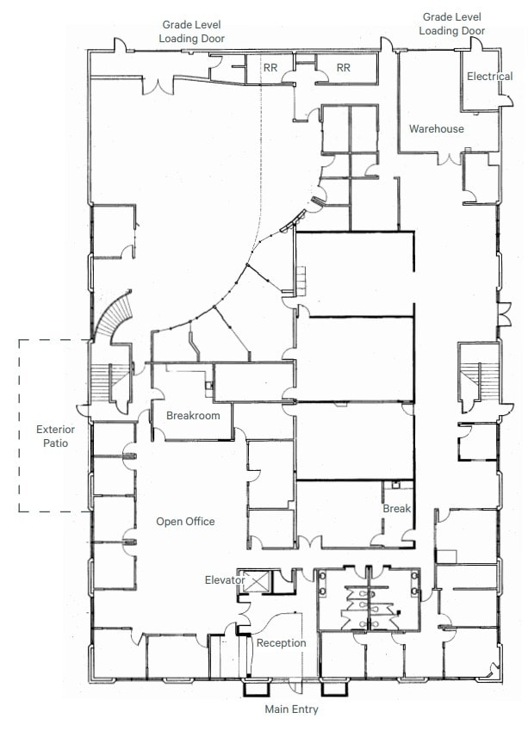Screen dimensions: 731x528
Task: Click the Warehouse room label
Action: pyautogui.click(x=436, y=129)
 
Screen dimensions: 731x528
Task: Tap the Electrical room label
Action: pyautogui.click(x=489, y=77)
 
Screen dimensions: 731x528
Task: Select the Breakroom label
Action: pyautogui.click(x=193, y=416)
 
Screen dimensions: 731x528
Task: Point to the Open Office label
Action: pyautogui.click(x=185, y=522)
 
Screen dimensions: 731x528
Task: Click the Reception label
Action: pyautogui.click(x=282, y=643)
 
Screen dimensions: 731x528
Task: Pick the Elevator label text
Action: pyautogui.click(x=225, y=580)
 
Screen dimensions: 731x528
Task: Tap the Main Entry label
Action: pyautogui.click(x=291, y=709)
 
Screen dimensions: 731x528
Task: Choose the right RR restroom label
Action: pyautogui.click(x=344, y=67)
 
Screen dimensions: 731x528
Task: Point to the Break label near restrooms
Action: pyautogui.click(x=396, y=509)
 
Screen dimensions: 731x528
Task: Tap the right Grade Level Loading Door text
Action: pyautogui.click(x=451, y=24)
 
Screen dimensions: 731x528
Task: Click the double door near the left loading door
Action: pyautogui.click(x=160, y=84)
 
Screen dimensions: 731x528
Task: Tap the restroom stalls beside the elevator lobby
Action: pyautogui.click(x=367, y=599)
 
